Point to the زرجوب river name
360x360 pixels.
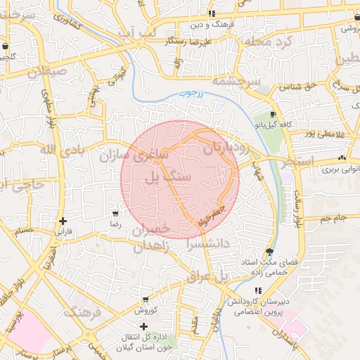[x=189, y=93]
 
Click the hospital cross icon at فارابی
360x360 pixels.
[x=63, y=221]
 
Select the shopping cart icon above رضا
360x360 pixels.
[x=115, y=213]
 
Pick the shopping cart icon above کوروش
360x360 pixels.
[x=145, y=300]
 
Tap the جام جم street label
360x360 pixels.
[x=330, y=219]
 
